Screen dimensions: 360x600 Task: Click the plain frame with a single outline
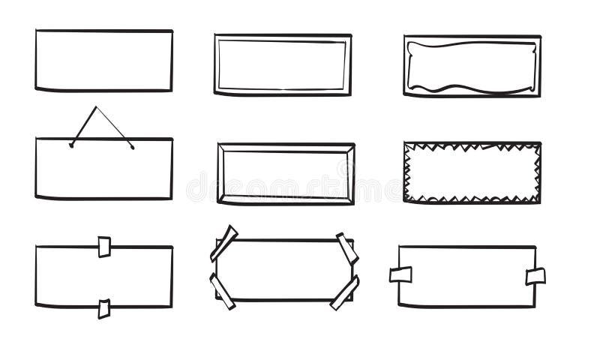tap(103, 60)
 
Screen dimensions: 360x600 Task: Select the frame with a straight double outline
tap(282, 64)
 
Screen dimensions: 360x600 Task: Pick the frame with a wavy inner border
tap(472, 66)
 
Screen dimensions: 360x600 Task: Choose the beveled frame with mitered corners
tap(286, 173)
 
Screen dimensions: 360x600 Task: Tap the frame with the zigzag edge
tap(472, 172)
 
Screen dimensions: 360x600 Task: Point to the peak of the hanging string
tap(97, 107)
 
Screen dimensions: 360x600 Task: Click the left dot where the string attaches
tap(71, 145)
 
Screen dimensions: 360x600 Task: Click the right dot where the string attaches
tap(132, 146)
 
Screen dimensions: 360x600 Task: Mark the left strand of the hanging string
tap(84, 126)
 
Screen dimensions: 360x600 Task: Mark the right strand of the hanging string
tap(114, 127)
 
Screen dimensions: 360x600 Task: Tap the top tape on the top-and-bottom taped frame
tap(104, 247)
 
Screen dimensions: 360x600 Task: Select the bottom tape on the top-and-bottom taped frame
tap(103, 308)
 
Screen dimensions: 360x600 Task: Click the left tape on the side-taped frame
tap(400, 274)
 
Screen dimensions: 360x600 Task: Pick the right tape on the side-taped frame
tap(535, 276)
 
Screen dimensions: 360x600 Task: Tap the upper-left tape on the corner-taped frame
tap(223, 243)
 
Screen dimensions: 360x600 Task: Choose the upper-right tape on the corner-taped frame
tap(347, 248)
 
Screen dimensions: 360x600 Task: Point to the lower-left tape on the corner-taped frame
tap(222, 291)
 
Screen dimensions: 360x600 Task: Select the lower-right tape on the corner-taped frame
tap(344, 292)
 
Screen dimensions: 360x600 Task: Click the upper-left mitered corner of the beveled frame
tap(223, 148)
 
